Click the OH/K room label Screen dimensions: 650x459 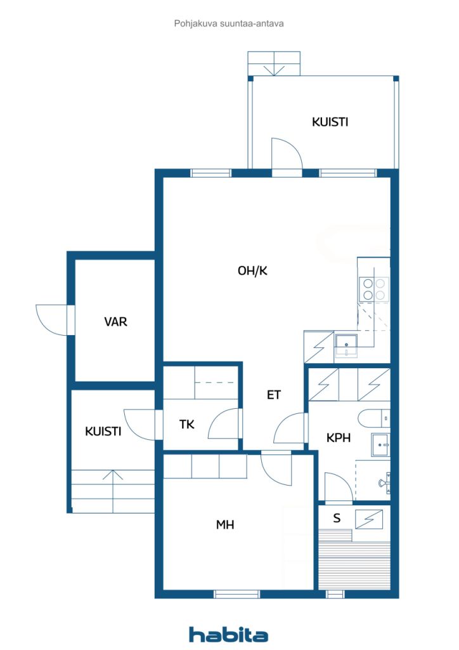point(253,271)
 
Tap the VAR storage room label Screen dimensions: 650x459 point(115,322)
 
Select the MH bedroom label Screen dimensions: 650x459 point(225,525)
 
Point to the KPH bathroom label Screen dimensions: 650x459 point(339,438)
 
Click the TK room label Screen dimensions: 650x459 point(186,425)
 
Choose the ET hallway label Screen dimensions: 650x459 point(273,395)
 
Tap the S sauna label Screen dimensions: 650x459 point(337,519)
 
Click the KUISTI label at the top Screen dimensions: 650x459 point(330,122)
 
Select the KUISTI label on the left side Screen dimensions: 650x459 point(103,432)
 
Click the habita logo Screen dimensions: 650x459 point(228,634)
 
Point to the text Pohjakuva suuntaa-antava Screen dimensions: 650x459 point(229,23)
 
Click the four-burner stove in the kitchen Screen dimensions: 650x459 point(373,289)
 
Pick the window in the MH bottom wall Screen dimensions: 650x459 point(236,594)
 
